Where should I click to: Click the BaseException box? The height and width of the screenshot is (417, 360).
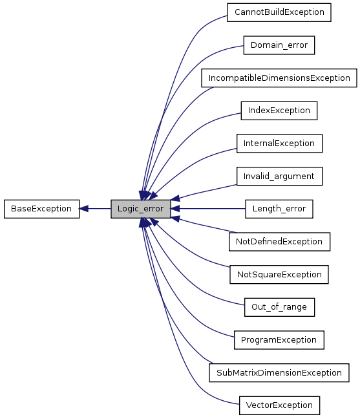click(41, 209)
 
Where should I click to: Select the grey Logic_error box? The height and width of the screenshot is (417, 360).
click(140, 209)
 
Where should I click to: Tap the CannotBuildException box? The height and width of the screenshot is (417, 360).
click(279, 12)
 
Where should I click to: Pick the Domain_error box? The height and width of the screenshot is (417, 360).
click(279, 45)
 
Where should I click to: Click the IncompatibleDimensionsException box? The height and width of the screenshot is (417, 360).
click(279, 78)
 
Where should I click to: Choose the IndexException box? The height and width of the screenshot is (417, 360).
click(279, 111)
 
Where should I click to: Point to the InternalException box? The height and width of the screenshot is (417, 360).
click(279, 143)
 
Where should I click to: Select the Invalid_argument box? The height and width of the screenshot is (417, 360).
click(279, 176)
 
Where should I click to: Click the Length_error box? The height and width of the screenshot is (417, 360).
click(279, 209)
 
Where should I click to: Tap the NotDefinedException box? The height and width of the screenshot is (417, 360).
click(279, 241)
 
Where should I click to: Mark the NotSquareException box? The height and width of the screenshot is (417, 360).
click(279, 274)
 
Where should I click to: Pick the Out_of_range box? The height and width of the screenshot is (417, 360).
click(279, 307)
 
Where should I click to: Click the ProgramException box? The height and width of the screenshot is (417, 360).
click(279, 339)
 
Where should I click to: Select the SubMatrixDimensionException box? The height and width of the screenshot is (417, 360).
click(279, 372)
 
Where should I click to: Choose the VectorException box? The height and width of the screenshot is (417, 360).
click(279, 405)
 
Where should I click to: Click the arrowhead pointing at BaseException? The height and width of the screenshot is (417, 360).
click(85, 209)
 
